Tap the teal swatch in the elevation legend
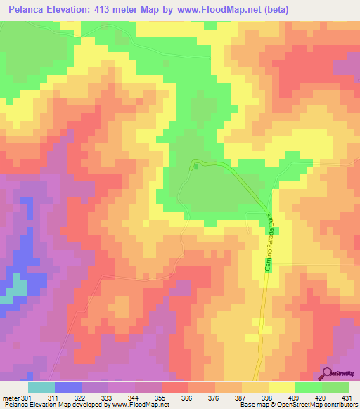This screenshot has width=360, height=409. [41, 387]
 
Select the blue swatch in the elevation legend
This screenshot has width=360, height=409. [68, 387]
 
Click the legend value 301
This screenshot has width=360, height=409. [26, 398]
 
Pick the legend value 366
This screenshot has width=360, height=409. [186, 398]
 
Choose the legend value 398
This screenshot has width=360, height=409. [266, 398]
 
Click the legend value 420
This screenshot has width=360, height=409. [319, 398]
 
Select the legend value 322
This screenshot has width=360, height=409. [80, 398]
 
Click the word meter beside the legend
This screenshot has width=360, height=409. [10, 398]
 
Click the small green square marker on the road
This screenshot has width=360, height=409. [196, 167]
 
